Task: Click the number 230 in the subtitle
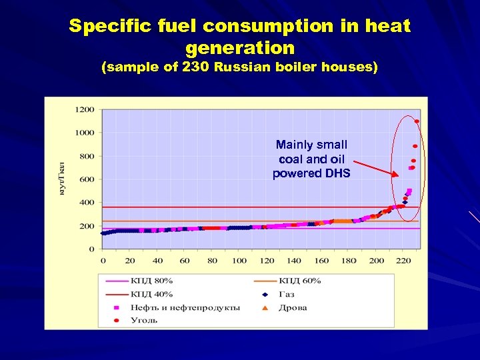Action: pos(195,67)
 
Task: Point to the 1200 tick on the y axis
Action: pos(84,109)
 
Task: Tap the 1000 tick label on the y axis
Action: pos(84,133)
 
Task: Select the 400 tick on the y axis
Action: pos(87,203)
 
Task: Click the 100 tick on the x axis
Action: pos(239,261)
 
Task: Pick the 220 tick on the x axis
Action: pos(404,261)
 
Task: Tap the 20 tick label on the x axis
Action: pos(130,261)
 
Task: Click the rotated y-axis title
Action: pos(61,178)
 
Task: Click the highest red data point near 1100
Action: pos(417,121)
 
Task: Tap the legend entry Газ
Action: pos(287,294)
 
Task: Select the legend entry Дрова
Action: pos(292,307)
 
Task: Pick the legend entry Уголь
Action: pos(143,321)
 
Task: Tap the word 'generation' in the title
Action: pos(239,48)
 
